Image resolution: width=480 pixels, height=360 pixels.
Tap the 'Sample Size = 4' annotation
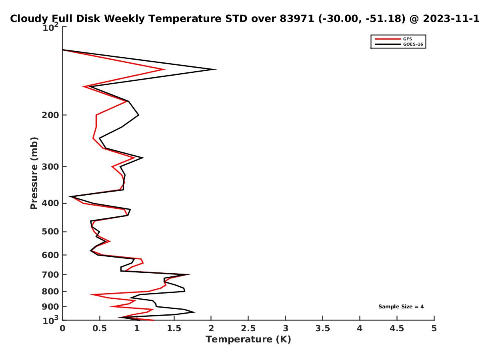click(x=401, y=306)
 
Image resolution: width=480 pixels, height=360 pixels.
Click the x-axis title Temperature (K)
click(x=248, y=339)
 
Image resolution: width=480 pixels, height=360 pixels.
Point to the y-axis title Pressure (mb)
click(x=34, y=173)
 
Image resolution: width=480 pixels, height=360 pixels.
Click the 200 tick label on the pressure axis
click(x=50, y=115)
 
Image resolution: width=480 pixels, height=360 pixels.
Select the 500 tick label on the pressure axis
click(x=50, y=232)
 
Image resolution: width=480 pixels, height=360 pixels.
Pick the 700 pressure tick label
click(x=50, y=274)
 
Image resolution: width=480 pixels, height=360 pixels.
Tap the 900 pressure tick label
click(x=50, y=307)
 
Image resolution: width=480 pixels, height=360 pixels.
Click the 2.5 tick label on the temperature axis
click(x=248, y=328)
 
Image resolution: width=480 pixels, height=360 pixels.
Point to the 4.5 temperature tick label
click(x=397, y=328)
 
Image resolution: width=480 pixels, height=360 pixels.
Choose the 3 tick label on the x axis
click(x=285, y=328)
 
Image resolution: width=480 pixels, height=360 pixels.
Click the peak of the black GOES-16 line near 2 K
click(x=216, y=70)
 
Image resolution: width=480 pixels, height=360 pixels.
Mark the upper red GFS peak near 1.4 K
click(x=164, y=70)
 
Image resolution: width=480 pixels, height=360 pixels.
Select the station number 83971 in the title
click(x=297, y=18)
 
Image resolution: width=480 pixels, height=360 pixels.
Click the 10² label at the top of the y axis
click(x=50, y=27)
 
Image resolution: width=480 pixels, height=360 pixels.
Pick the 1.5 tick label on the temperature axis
click(x=174, y=328)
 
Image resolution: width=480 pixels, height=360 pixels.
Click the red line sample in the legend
click(x=388, y=39)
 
